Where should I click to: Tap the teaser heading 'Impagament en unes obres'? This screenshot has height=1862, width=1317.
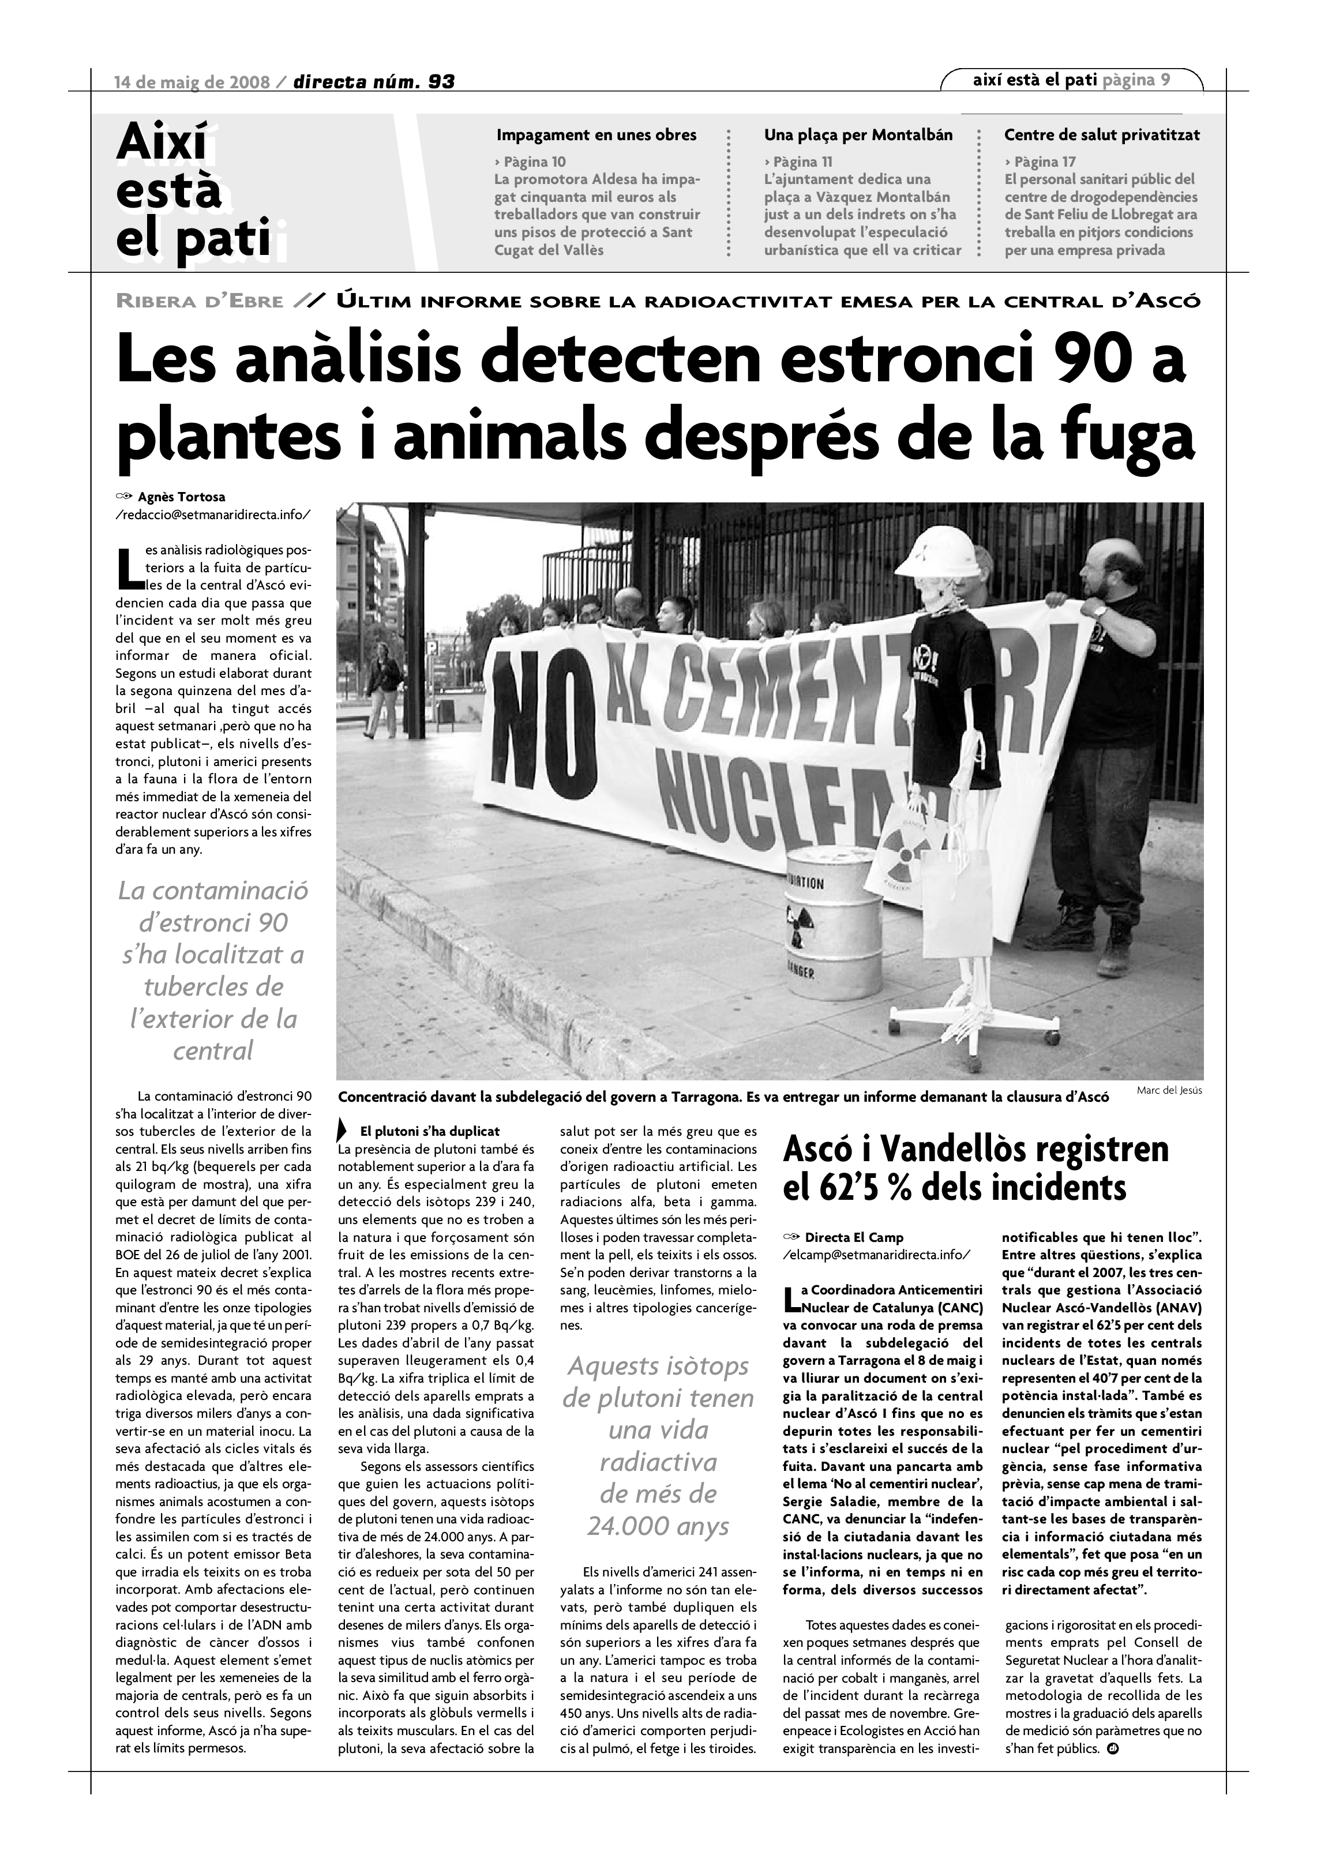point(596,134)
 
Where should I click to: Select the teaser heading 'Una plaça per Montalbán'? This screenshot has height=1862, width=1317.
point(858,134)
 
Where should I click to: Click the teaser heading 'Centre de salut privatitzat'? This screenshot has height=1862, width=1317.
point(1101,134)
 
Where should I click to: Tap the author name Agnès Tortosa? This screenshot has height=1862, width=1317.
point(182,497)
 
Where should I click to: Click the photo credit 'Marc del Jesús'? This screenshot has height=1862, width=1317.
point(1169,1091)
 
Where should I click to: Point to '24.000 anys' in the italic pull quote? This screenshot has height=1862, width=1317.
point(658,1527)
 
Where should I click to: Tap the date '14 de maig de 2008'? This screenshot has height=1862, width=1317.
point(192,81)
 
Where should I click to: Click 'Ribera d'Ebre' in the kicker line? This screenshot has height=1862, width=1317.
point(200,302)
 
